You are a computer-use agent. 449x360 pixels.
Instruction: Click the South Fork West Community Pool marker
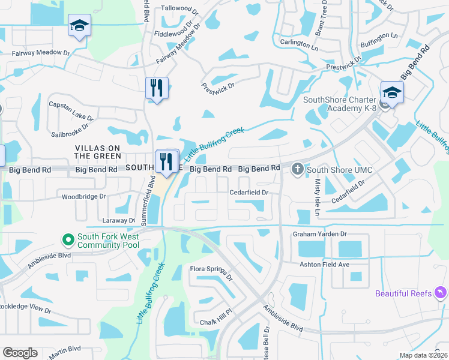coord(69,241)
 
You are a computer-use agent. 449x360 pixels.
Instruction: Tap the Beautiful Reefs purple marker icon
coord(441,293)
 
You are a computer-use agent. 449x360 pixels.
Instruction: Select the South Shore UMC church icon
coord(298,170)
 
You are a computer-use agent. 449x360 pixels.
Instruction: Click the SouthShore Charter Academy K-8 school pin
coord(391,94)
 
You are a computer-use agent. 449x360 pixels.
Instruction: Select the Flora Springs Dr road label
coord(211,272)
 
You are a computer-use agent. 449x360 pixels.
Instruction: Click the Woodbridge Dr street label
coord(84,196)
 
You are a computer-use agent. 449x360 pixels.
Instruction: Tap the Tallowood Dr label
coord(179,10)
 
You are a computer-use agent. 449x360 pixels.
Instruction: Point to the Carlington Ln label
coord(299,44)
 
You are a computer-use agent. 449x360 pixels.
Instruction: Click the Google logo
coord(20,353)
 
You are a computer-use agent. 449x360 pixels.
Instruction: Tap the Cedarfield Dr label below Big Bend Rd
coord(249,192)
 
